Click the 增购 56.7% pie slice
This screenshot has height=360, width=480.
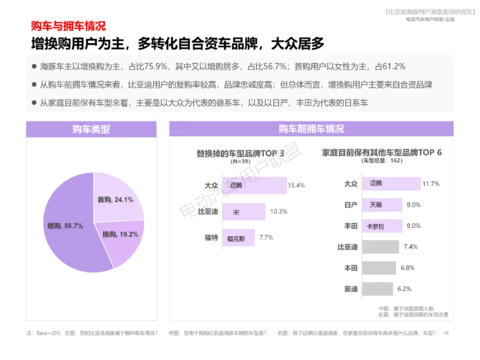pyautogui.click(x=67, y=230)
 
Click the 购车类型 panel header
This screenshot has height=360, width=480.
pyautogui.click(x=91, y=129)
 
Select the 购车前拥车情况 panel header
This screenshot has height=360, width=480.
pyautogui.click(x=311, y=129)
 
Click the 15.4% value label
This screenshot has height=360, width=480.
pyautogui.click(x=296, y=185)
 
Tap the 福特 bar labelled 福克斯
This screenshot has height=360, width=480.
pyautogui.click(x=238, y=238)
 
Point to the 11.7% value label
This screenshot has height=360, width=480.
pyautogui.click(x=430, y=184)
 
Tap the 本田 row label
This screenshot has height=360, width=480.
pyautogui.click(x=351, y=268)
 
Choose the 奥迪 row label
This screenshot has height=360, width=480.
pyautogui.click(x=351, y=289)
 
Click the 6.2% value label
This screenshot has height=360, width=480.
pyautogui.click(x=404, y=289)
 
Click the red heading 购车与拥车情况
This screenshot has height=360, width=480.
pyautogui.click(x=68, y=26)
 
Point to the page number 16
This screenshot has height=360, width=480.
pyautogui.click(x=446, y=333)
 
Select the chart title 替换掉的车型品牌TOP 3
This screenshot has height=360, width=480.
pyautogui.click(x=240, y=153)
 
